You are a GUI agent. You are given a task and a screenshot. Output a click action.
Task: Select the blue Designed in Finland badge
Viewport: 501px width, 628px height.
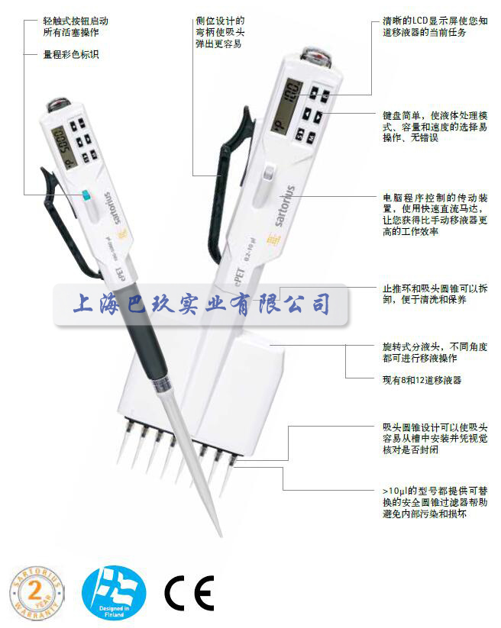(113, 591)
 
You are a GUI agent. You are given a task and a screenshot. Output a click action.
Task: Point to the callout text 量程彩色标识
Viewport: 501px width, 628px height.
(71, 55)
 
